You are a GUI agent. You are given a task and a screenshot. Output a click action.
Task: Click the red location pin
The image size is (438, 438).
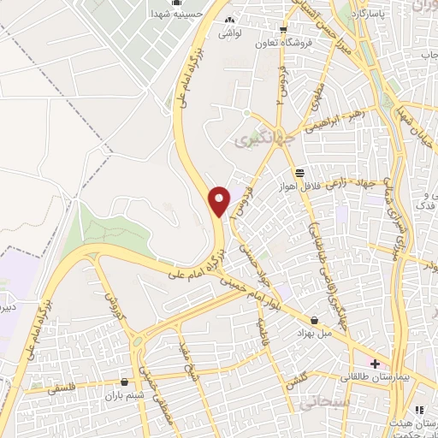[x=220, y=200]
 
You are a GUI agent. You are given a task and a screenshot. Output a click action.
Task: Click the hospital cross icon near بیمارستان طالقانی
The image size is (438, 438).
[x=376, y=364]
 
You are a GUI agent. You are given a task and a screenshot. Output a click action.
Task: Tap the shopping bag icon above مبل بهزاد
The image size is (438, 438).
[x=313, y=319]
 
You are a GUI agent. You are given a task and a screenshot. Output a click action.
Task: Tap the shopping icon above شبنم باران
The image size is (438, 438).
[x=127, y=382]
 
